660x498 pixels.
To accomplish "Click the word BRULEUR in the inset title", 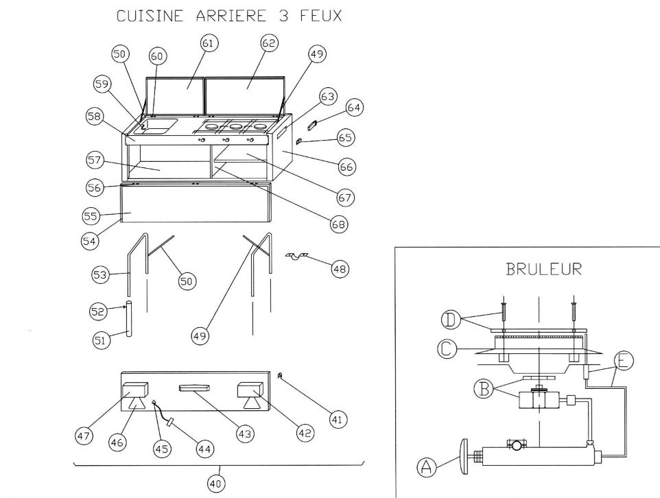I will pyautogui.click(x=543, y=269).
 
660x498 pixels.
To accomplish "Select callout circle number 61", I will pyautogui.click(x=209, y=43).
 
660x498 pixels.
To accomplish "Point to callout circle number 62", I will pyautogui.click(x=269, y=43).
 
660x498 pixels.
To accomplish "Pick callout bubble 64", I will pyautogui.click(x=354, y=108).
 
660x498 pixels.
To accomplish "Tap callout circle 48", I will pyautogui.click(x=339, y=269).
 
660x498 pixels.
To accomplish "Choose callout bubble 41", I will pyautogui.click(x=337, y=418).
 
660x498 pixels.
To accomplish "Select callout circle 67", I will pyautogui.click(x=344, y=197).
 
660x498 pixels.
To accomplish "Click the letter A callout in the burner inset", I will pyautogui.click(x=425, y=469).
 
